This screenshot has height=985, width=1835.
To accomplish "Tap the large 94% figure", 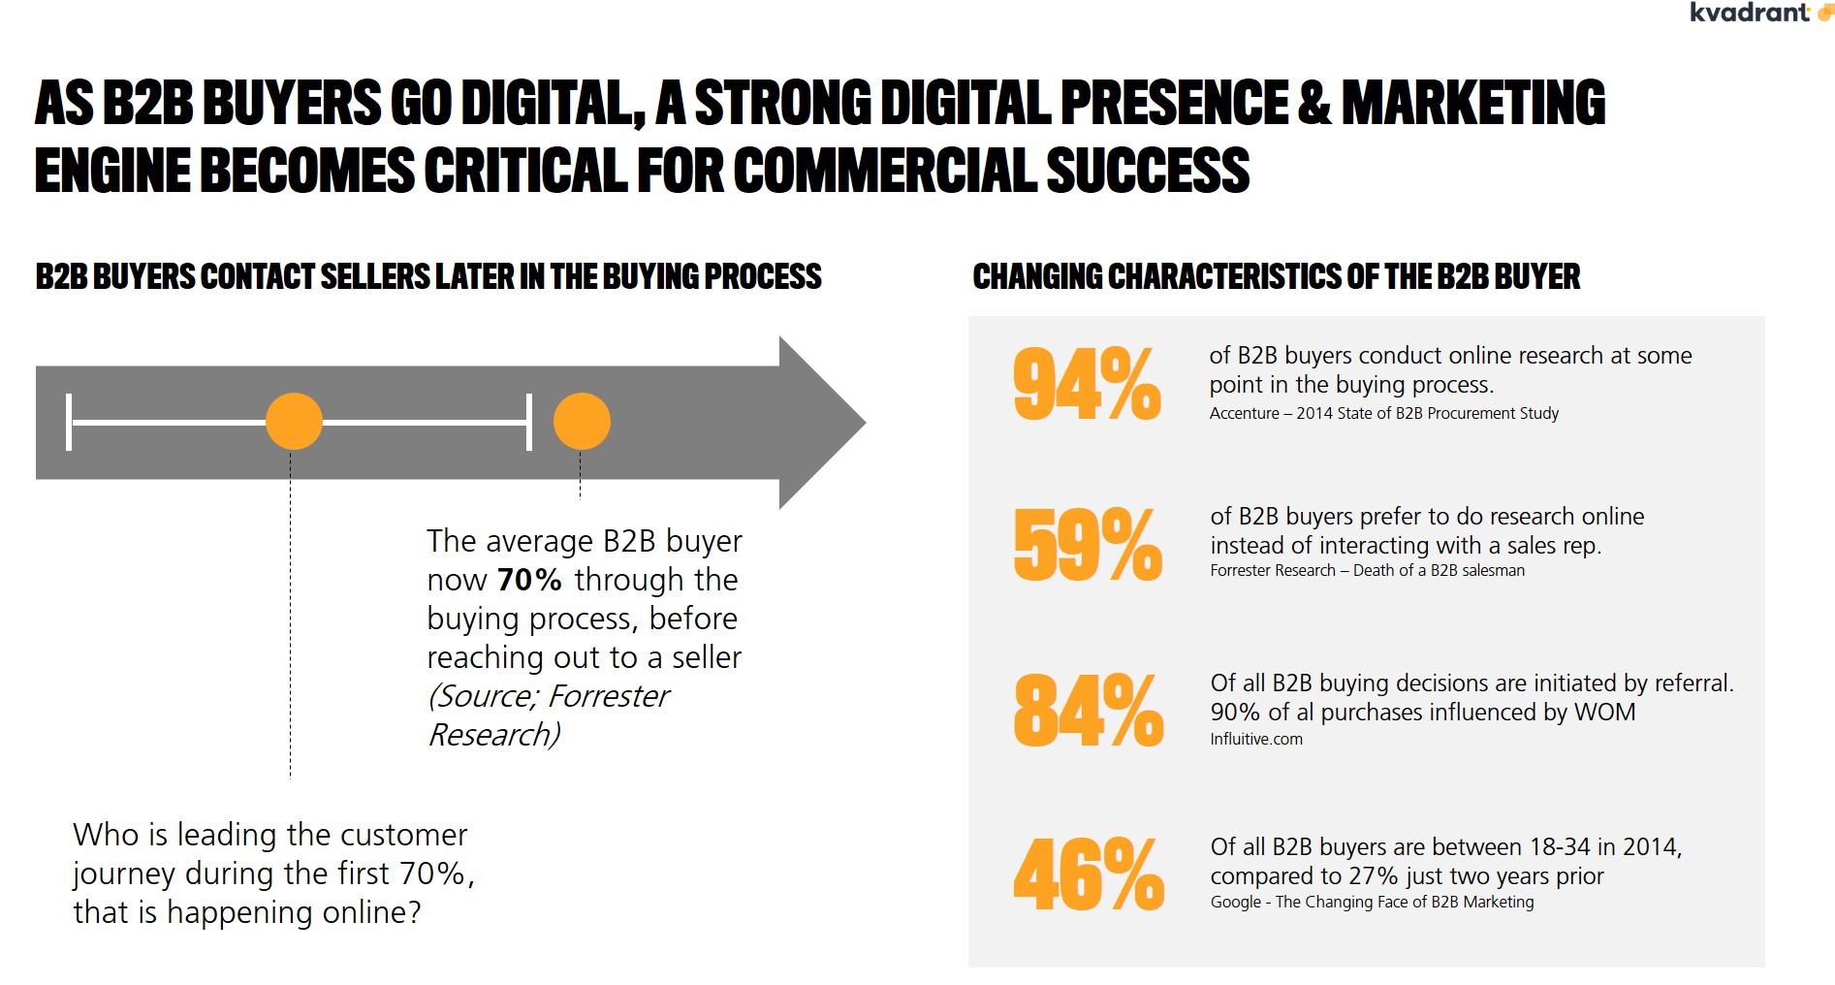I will (1087, 385).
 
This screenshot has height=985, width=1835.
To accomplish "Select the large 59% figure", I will (1088, 544).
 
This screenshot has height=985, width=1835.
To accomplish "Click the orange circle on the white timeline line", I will (294, 422).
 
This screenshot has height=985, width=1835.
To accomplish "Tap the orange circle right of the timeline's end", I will (582, 422).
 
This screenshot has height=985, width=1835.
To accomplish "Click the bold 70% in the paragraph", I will (529, 580).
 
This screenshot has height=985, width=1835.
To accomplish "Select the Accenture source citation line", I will (1383, 414).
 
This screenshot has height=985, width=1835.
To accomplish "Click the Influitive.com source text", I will (1255, 739).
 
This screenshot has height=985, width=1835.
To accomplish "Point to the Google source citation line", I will (1372, 903).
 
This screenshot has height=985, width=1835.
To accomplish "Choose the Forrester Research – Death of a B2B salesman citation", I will (1367, 571).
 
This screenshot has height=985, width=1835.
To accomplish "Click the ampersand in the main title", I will (1313, 103).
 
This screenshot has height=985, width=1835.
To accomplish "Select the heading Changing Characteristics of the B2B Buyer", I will (1276, 277).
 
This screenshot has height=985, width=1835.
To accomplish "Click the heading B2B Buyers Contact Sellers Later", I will (428, 277).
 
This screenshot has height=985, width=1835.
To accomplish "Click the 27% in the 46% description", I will (1373, 876).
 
